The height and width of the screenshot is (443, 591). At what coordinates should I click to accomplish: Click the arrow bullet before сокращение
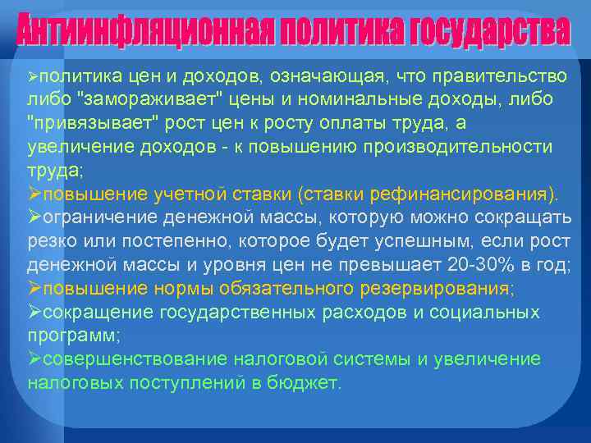click(34, 313)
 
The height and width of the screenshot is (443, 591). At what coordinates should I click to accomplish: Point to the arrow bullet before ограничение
click(34, 218)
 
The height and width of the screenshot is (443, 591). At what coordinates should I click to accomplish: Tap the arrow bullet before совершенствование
click(34, 359)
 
